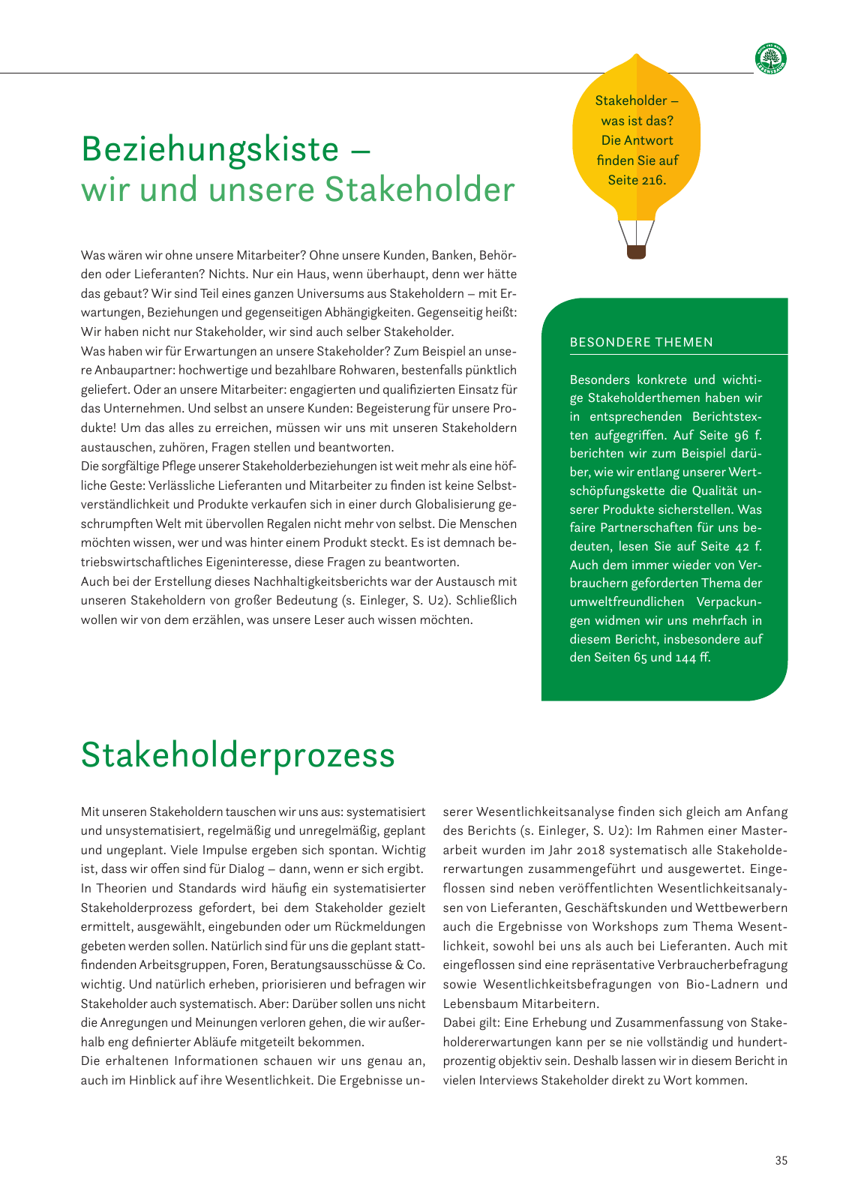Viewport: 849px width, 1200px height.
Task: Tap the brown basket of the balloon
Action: point(636,252)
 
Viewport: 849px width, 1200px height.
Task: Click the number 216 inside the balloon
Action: point(653,180)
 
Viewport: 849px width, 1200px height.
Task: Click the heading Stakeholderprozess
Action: point(238,754)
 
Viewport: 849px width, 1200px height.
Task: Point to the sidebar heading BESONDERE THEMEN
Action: point(641,343)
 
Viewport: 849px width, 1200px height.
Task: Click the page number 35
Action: point(781,1160)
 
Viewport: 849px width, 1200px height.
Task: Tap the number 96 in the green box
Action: point(740,435)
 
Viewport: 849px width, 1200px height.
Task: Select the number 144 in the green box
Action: point(685,658)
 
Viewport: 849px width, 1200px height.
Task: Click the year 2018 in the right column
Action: point(594,850)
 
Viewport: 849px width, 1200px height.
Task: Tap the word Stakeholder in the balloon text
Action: point(631,100)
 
